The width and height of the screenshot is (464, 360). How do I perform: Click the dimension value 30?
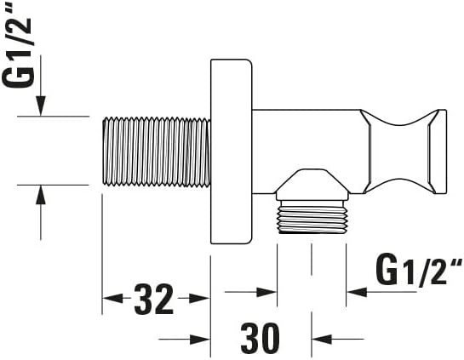[x=259, y=339]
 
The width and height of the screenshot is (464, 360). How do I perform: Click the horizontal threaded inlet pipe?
[x=155, y=150]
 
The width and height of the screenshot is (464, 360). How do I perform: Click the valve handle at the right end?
[x=404, y=151]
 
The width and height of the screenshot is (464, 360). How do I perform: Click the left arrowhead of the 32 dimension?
[x=111, y=299]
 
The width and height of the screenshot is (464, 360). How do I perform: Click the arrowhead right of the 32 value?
[x=200, y=299]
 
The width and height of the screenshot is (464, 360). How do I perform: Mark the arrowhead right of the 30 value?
[x=321, y=339]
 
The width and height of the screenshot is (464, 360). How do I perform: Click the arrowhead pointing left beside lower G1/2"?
[x=355, y=291]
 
